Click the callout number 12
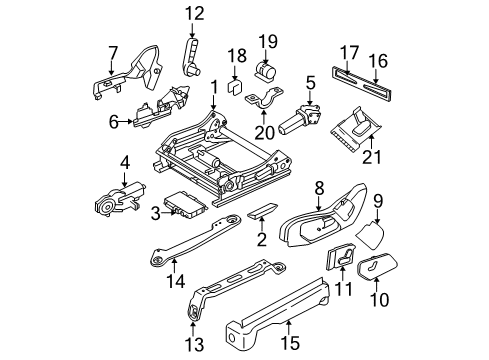[193, 13]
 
